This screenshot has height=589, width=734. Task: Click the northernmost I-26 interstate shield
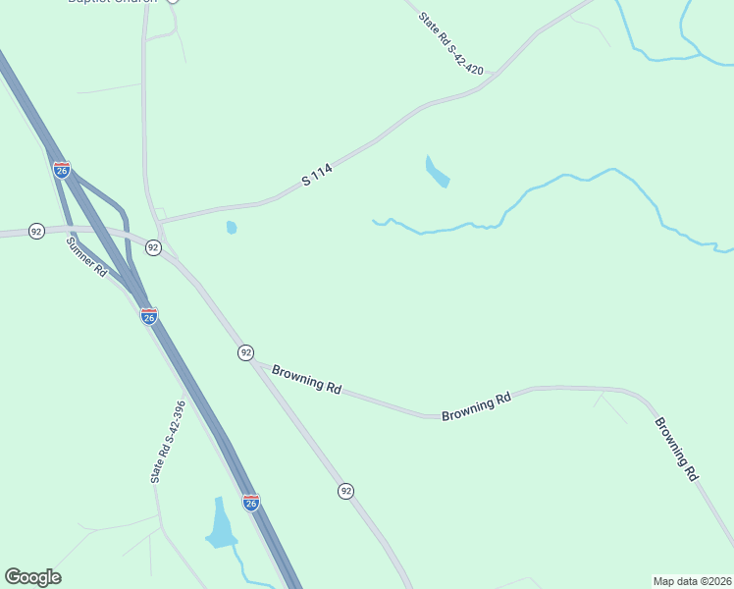pos(62,170)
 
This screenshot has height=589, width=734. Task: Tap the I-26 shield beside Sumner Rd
pos(149,316)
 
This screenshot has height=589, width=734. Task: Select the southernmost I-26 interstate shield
pos(251,503)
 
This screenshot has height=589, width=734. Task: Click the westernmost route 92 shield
pos(36,231)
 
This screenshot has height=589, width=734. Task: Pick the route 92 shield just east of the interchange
pos(153,247)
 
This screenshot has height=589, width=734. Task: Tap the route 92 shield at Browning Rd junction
pos(245,351)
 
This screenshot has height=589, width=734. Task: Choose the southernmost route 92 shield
pos(345,491)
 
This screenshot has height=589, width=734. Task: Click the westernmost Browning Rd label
pos(306,379)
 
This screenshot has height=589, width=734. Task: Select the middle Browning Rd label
pos(477,406)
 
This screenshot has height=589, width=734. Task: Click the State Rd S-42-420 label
pos(451,43)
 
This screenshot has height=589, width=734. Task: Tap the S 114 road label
pos(318,176)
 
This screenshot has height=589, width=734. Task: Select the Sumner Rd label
pos(86,256)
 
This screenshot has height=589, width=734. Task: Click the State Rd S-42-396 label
pos(168,441)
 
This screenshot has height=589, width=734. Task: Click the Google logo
pos(32,577)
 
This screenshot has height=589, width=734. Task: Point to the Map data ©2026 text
pos(693,581)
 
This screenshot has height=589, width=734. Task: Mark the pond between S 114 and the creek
pos(436,172)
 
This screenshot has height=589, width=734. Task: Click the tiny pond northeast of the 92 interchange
pos(232,228)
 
